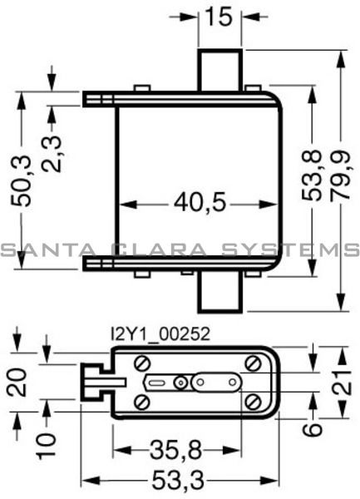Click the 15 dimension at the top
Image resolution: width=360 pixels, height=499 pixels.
click(220, 16)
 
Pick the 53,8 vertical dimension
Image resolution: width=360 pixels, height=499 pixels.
click(311, 179)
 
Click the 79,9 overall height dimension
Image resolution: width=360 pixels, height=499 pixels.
click(340, 179)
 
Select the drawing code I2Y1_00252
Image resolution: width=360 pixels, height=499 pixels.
click(160, 333)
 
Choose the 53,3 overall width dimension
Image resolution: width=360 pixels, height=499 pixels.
click(179, 482)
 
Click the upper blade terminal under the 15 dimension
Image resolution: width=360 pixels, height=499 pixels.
click(220, 70)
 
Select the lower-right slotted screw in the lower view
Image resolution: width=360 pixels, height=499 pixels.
click(253, 403)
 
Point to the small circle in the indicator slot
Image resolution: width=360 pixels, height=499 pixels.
click(179, 383)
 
